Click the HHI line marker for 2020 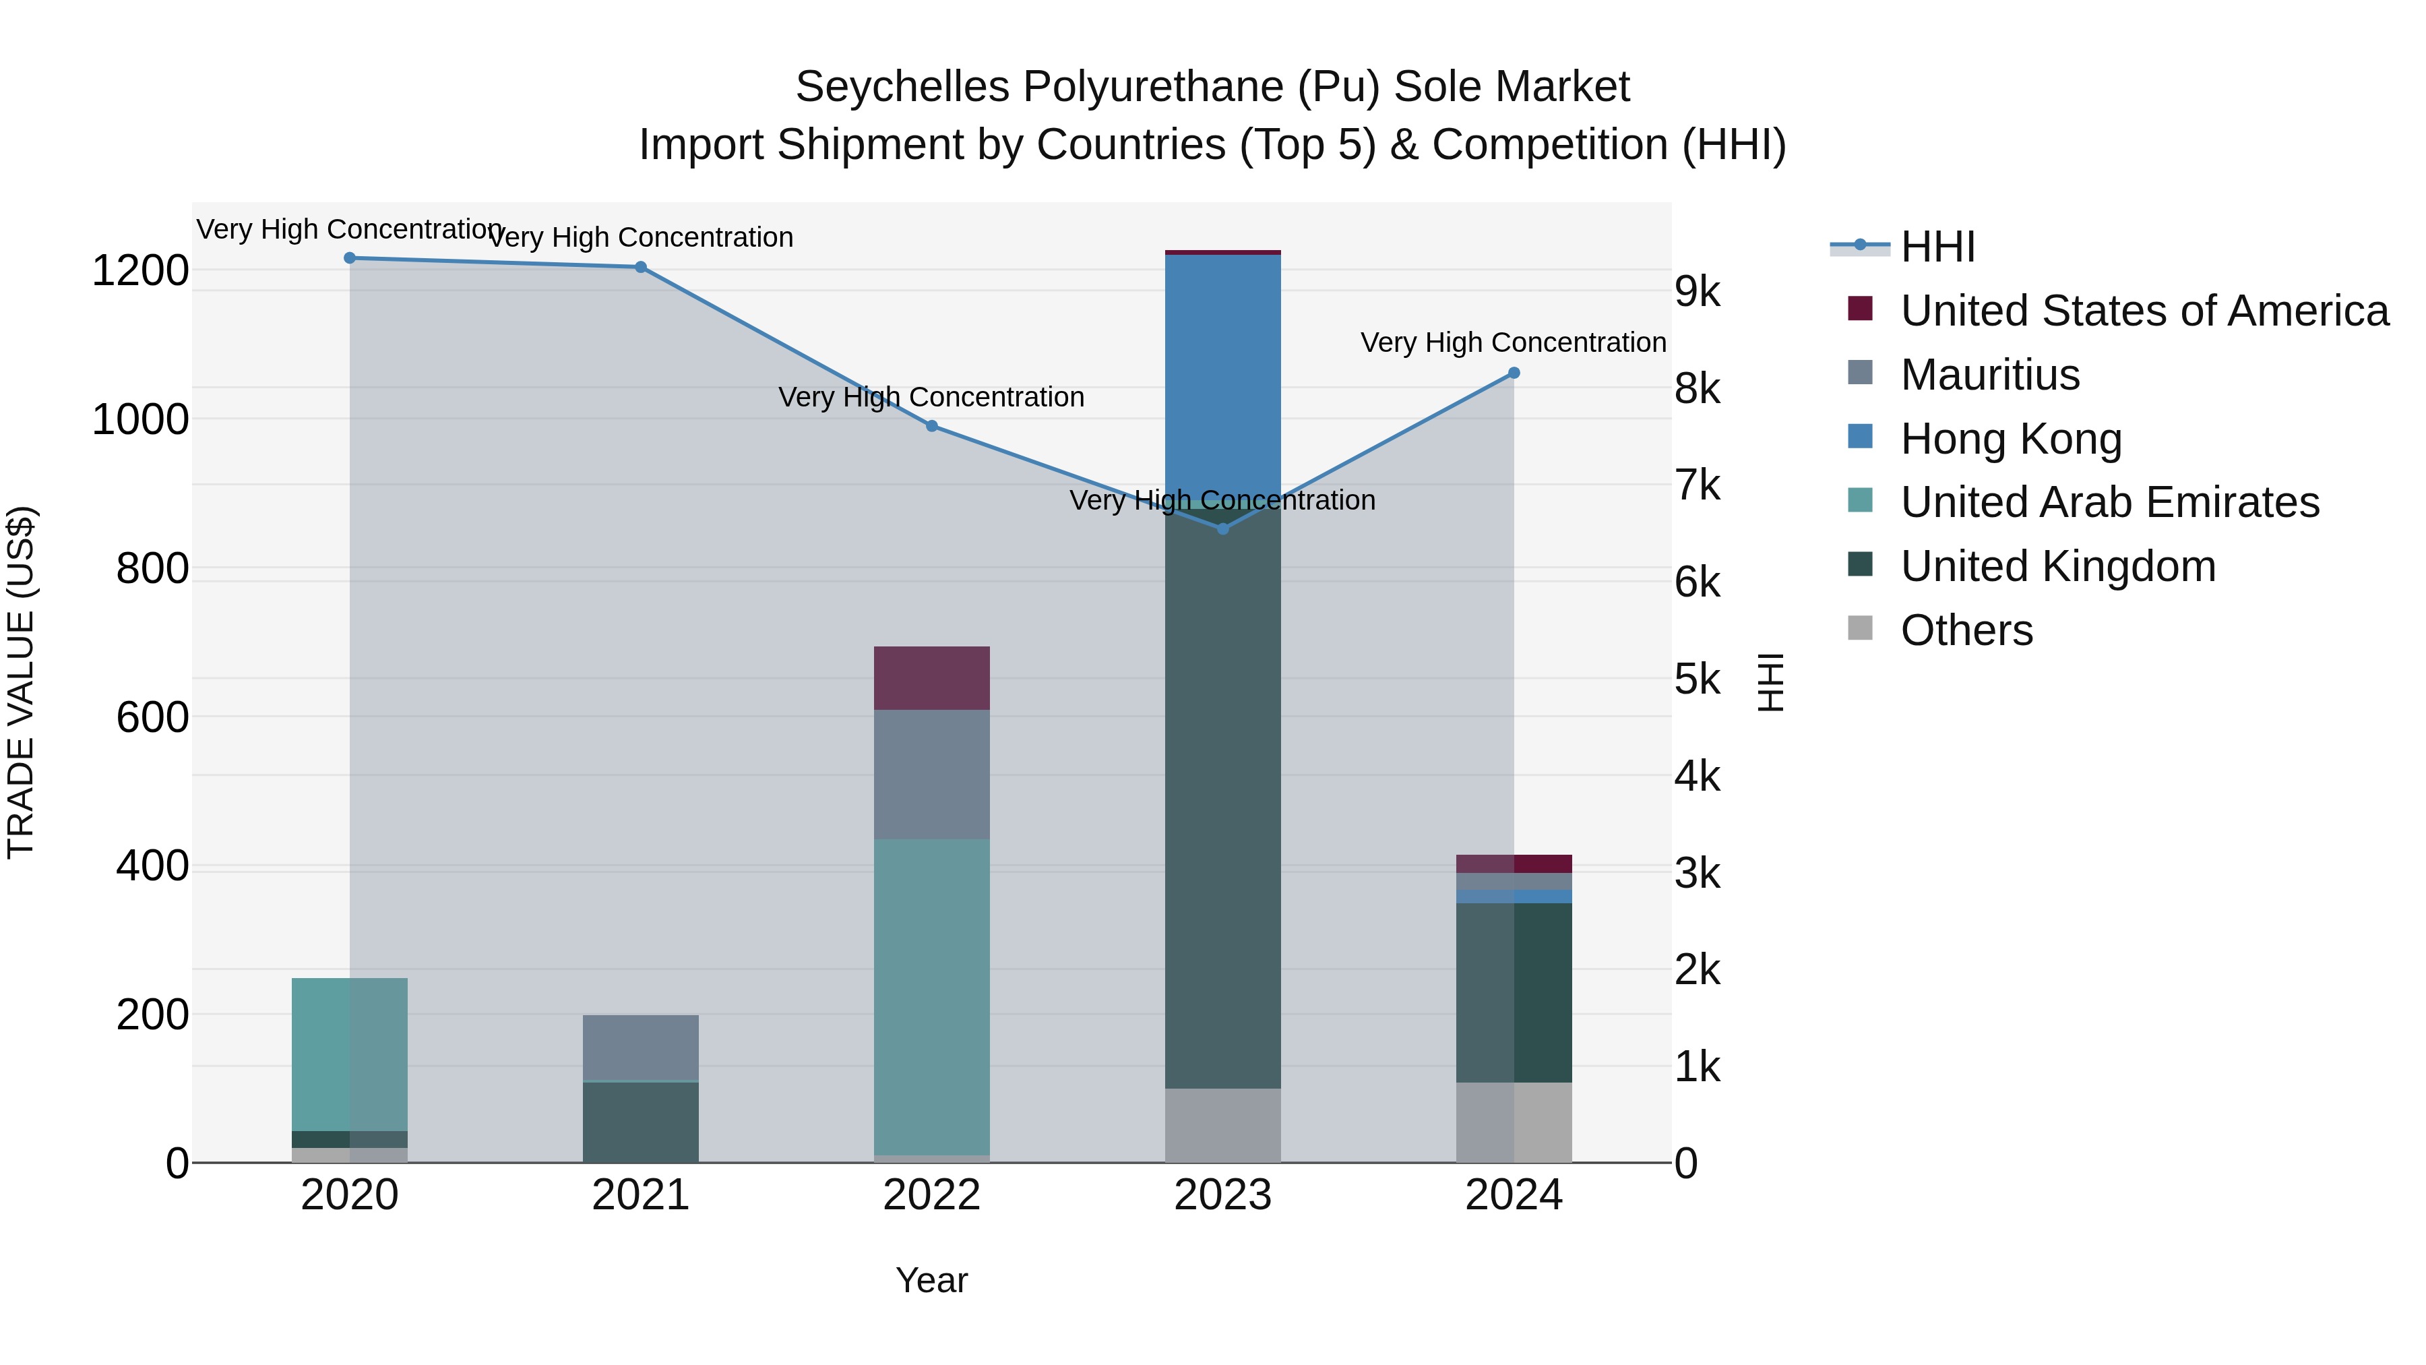click(349, 258)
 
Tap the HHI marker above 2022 click(931, 426)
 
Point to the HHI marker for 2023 click(1222, 529)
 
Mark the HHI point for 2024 click(1514, 373)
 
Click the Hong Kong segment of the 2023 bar click(1222, 377)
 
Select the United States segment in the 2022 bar click(931, 678)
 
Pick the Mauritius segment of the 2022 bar click(931, 775)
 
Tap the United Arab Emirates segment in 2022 click(931, 997)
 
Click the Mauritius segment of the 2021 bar click(640, 1048)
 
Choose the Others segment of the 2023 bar click(1222, 1125)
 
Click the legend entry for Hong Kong click(2011, 439)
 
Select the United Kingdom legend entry click(2058, 566)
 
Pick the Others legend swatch click(1860, 628)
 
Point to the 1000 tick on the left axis click(140, 420)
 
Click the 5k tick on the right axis click(1697, 679)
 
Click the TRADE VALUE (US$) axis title click(22, 682)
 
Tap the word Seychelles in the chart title click(902, 88)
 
